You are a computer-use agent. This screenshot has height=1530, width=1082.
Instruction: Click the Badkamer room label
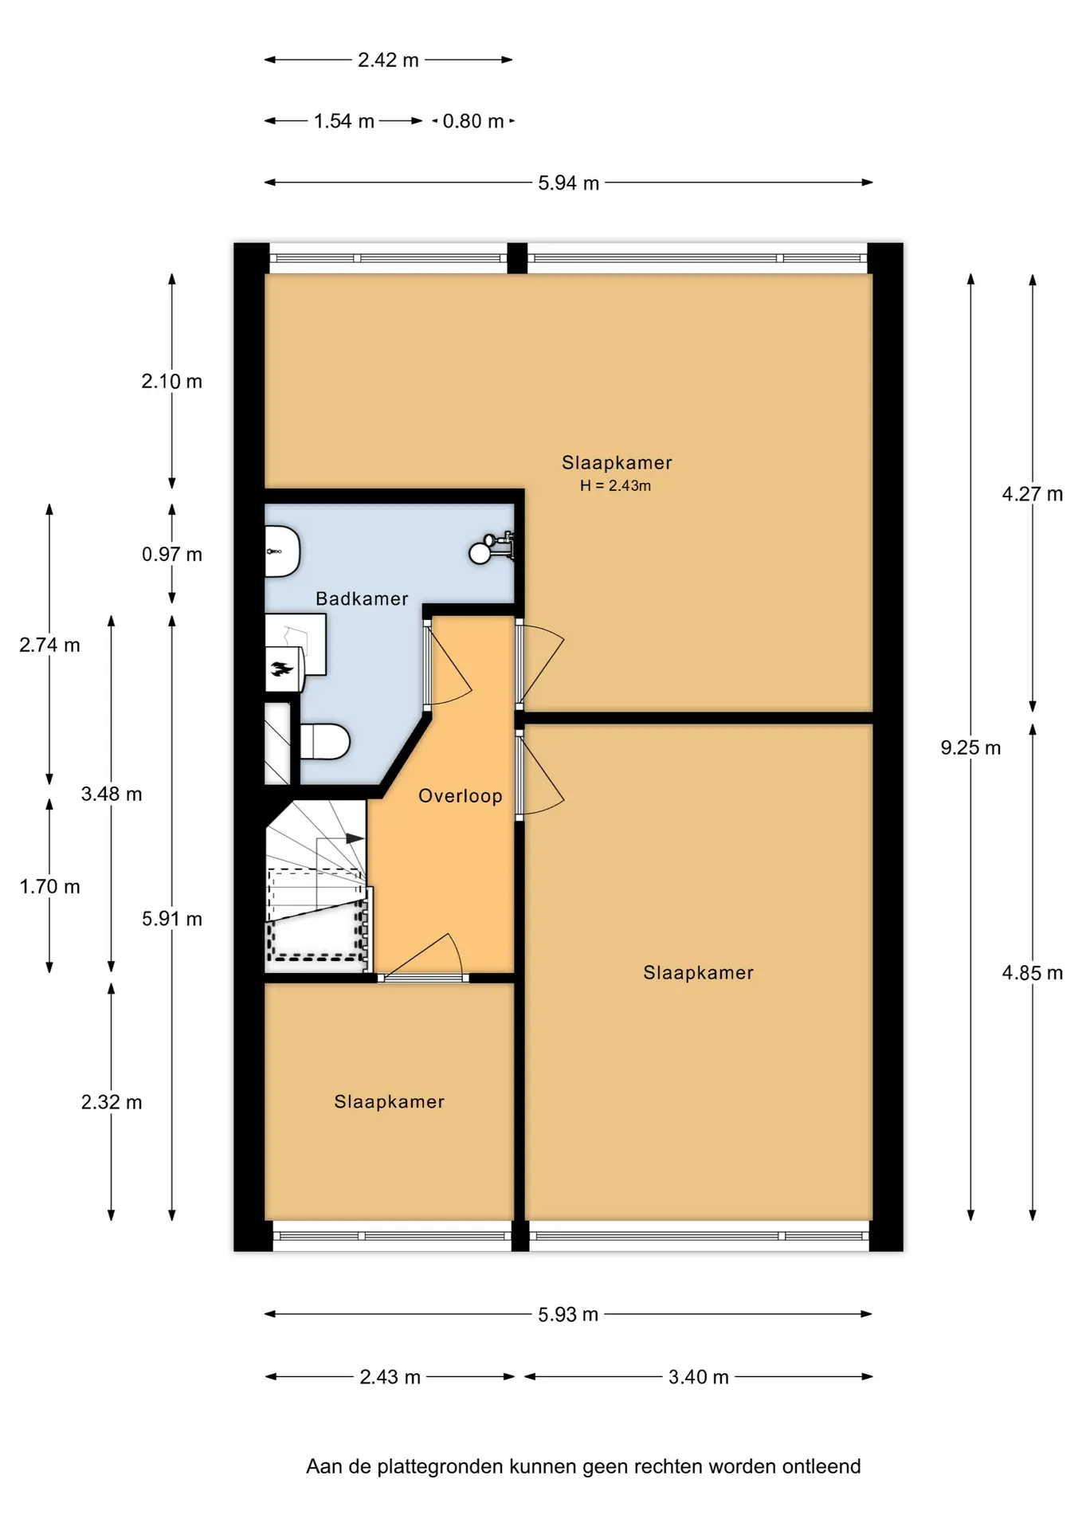pyautogui.click(x=362, y=598)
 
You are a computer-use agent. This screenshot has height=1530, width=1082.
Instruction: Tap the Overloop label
pyautogui.click(x=461, y=796)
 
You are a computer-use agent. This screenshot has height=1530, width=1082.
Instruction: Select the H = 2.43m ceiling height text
pyautogui.click(x=615, y=485)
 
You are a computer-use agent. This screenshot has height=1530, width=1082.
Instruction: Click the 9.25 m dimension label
pyautogui.click(x=970, y=747)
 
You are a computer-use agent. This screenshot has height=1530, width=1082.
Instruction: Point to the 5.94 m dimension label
pyautogui.click(x=568, y=182)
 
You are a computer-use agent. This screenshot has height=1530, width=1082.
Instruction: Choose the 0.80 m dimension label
pyautogui.click(x=473, y=121)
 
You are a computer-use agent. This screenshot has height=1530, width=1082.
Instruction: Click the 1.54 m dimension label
pyautogui.click(x=343, y=121)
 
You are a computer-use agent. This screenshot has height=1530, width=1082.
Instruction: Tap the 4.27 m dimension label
pyautogui.click(x=1033, y=494)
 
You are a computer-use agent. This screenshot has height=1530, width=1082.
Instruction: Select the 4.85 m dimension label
pyautogui.click(x=1033, y=973)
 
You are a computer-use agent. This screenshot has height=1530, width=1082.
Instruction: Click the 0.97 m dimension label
pyautogui.click(x=172, y=555)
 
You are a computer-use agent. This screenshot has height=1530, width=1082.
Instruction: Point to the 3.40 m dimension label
pyautogui.click(x=699, y=1377)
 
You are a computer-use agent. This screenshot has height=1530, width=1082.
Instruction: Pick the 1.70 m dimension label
pyautogui.click(x=49, y=886)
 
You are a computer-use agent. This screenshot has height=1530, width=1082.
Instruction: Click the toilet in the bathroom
pyautogui.click(x=324, y=741)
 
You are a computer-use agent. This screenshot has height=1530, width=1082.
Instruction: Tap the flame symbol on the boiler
pyautogui.click(x=281, y=669)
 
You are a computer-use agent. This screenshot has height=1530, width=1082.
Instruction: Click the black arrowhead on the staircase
pyautogui.click(x=355, y=839)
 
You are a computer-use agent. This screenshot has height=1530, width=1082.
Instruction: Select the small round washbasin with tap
pyautogui.click(x=480, y=552)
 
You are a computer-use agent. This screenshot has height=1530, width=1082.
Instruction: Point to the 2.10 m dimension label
pyautogui.click(x=172, y=382)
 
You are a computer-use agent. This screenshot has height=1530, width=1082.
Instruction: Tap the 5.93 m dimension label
pyautogui.click(x=568, y=1315)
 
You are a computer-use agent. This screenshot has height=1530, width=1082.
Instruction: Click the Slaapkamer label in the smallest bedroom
pyautogui.click(x=389, y=1101)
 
